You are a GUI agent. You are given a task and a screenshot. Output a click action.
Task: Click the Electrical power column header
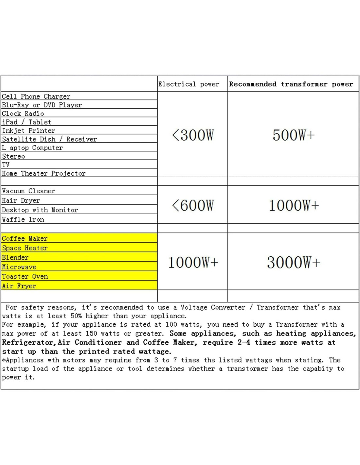pyautogui.click(x=189, y=84)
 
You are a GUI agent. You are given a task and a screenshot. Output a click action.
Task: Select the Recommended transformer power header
pyautogui.click(x=291, y=84)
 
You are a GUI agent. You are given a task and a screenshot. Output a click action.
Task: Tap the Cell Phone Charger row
pyautogui.click(x=36, y=96)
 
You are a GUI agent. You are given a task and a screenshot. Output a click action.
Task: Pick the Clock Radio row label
pyautogui.click(x=23, y=113)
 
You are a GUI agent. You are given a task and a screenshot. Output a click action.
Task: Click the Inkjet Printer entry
pyautogui.click(x=28, y=130)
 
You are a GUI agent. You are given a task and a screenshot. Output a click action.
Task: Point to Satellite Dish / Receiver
pyautogui.click(x=49, y=139)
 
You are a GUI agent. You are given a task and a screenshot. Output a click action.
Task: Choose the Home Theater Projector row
pyautogui.click(x=44, y=173)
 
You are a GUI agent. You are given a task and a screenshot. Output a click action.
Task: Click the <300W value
pyautogui.click(x=193, y=135)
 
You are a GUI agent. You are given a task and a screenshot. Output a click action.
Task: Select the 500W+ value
pyautogui.click(x=294, y=135)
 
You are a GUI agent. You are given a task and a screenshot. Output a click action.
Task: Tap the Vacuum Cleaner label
pyautogui.click(x=28, y=191)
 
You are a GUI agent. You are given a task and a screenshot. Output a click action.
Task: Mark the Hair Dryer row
pyautogui.click(x=21, y=200)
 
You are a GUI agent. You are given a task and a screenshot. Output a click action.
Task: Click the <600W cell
pyautogui.click(x=193, y=205)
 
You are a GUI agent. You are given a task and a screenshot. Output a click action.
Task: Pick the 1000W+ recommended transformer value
pyautogui.click(x=294, y=205)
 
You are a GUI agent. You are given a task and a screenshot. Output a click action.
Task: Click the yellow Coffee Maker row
pyautogui.click(x=25, y=238)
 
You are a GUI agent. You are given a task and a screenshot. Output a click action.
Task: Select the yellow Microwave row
pyautogui.click(x=19, y=267)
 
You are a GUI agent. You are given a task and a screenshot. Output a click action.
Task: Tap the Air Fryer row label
pyautogui.click(x=19, y=286)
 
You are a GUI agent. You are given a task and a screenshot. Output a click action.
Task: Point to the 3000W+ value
pyautogui.click(x=294, y=262)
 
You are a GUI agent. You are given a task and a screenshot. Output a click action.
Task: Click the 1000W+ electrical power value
pyautogui.click(x=193, y=262)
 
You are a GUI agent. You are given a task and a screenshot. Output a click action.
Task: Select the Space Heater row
pyautogui.click(x=25, y=248)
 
